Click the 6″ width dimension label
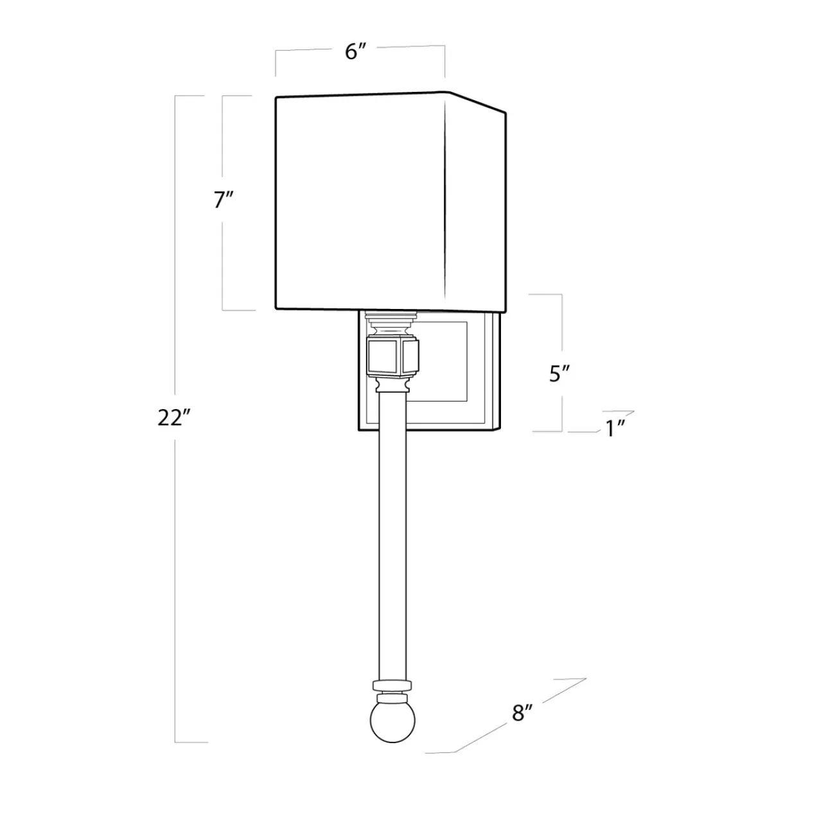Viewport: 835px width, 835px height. click(355, 52)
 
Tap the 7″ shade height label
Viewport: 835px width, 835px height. click(223, 200)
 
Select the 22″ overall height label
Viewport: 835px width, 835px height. click(174, 418)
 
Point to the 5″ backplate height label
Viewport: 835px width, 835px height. click(559, 374)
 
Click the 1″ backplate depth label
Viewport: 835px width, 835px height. click(616, 429)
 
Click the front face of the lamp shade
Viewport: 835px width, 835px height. click(360, 202)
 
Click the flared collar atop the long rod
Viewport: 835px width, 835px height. click(392, 385)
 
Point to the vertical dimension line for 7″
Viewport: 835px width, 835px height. click(223, 257)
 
